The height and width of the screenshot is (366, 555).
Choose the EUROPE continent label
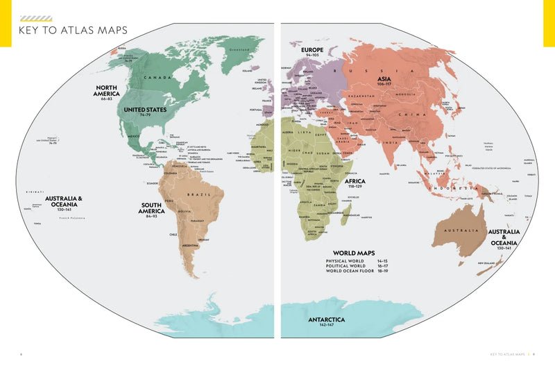312,50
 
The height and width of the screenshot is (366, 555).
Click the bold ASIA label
384,80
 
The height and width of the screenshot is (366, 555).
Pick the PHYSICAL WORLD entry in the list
345,260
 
